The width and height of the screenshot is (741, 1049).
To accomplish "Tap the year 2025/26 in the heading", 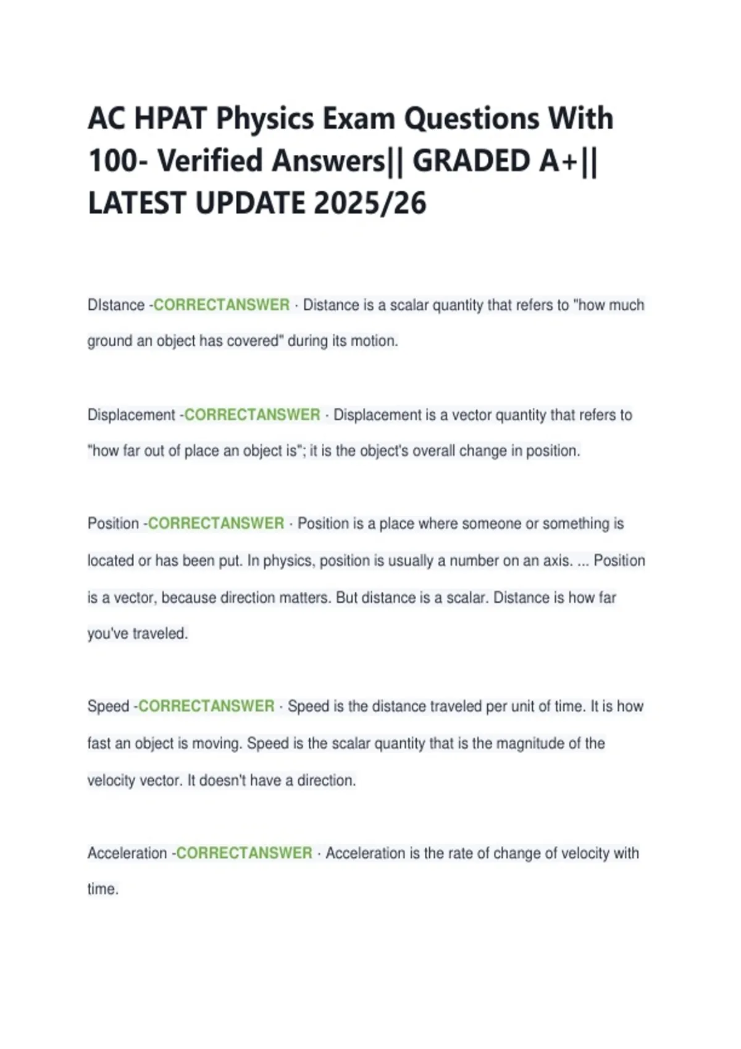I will pyautogui.click(x=370, y=203).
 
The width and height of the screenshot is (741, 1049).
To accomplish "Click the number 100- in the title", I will pyautogui.click(x=119, y=161).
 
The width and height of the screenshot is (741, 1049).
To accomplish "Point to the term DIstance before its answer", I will pyautogui.click(x=116, y=305).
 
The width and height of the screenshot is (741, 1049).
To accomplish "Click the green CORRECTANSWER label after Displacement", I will pyautogui.click(x=252, y=415).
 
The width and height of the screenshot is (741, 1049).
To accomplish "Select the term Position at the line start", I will pyautogui.click(x=113, y=524).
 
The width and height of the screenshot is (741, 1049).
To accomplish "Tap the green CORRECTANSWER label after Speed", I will pyautogui.click(x=206, y=707).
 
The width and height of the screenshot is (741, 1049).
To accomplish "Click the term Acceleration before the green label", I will pyautogui.click(x=127, y=853).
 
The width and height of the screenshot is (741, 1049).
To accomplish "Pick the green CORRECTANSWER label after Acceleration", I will pyautogui.click(x=244, y=853).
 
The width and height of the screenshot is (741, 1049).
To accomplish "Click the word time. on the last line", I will pyautogui.click(x=103, y=890).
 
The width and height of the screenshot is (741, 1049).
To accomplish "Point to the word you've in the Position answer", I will pyautogui.click(x=107, y=634).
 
